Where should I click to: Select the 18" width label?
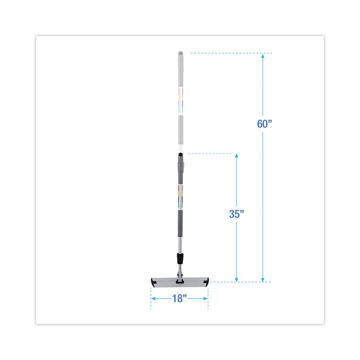point(179,298)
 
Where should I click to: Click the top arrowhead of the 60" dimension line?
point(262,56)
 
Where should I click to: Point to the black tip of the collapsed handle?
point(180,156)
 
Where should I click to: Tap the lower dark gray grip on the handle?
point(180,226)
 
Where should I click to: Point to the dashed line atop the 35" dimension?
point(211,154)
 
